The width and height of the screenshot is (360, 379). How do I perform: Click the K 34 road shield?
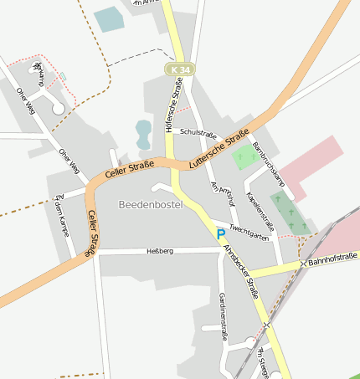(x=176, y=68)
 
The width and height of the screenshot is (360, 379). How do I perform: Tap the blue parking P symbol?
(x=221, y=234)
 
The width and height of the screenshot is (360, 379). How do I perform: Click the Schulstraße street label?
(x=198, y=133)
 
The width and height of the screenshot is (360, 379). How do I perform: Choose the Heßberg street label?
(x=159, y=250)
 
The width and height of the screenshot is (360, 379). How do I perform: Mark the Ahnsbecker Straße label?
(x=241, y=270)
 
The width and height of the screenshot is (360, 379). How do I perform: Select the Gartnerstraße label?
(x=224, y=319)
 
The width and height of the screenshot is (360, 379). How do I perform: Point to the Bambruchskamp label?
(x=269, y=164)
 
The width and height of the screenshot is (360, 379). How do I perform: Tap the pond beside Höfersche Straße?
(x=144, y=130)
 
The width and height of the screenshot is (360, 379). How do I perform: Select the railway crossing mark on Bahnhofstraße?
(x=303, y=264)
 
